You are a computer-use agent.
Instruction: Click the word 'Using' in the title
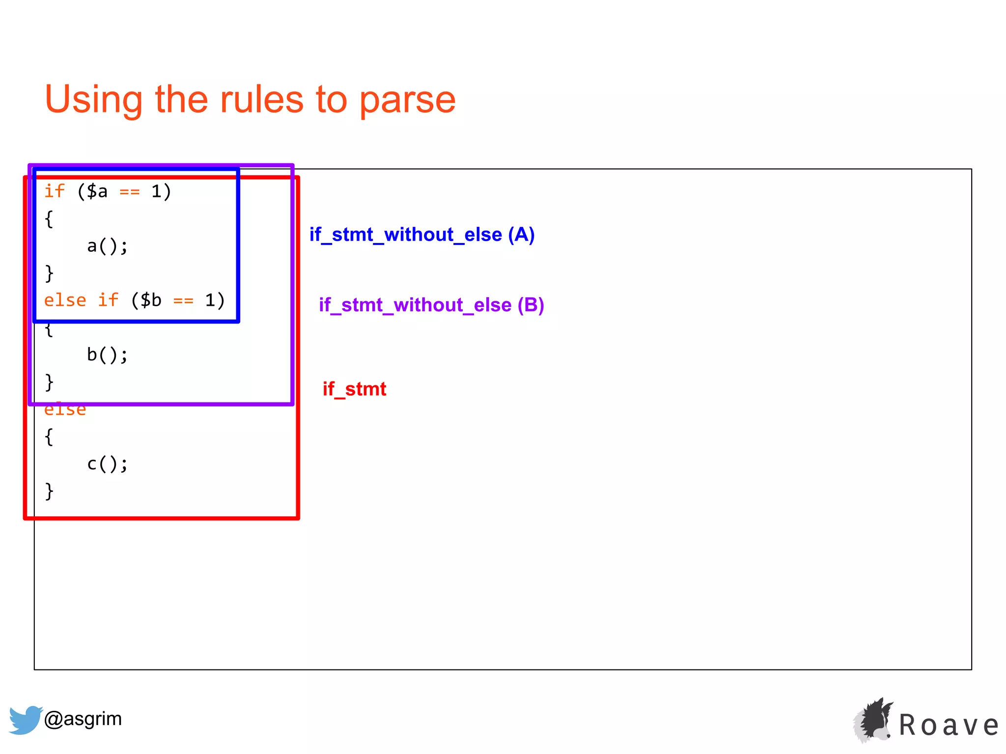click(93, 100)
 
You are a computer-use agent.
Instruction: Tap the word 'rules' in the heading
click(261, 100)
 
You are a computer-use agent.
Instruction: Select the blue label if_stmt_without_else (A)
click(421, 235)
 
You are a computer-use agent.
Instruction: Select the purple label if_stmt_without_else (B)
click(431, 305)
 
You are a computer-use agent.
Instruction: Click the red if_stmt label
click(354, 389)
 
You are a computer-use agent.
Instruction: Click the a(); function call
click(107, 246)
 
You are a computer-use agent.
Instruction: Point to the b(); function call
click(107, 354)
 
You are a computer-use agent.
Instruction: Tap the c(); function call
click(107, 463)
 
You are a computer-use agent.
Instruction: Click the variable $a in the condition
click(97, 191)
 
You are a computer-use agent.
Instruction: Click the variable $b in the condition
click(150, 300)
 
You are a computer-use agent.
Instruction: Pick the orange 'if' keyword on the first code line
click(54, 191)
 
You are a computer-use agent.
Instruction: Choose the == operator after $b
click(183, 300)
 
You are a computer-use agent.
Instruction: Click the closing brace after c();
click(49, 490)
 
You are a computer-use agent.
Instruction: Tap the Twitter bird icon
click(25, 720)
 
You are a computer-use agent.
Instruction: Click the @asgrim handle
click(83, 719)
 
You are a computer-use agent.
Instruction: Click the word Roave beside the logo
click(949, 725)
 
